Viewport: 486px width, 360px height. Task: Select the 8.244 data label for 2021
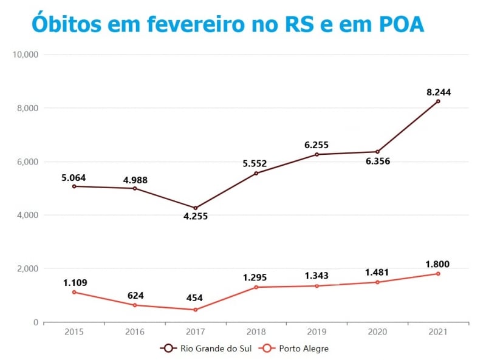pos(438,92)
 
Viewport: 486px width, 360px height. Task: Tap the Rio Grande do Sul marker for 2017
pos(196,208)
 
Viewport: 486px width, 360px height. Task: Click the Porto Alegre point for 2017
pos(196,310)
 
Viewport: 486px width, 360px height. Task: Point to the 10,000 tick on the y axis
pos(26,55)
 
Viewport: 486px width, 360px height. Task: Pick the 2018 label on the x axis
pos(256,332)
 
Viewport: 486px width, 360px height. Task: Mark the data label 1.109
pos(75,283)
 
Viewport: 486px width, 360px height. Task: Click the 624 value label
pos(134,296)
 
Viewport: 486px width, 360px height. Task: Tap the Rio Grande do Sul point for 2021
pos(438,101)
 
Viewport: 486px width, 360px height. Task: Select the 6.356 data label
pos(377,161)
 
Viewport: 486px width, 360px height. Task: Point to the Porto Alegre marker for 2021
pos(438,274)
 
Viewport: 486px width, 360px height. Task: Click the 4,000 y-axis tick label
pos(27,215)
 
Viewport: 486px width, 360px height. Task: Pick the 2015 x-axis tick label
pos(74,332)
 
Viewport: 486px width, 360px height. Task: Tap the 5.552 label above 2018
pos(255,163)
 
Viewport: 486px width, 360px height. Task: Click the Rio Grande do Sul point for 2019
pos(317,154)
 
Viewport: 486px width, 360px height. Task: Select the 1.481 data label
pos(377,273)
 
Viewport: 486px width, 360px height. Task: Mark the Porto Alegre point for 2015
pos(74,292)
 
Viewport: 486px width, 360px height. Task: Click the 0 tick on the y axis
pos(35,322)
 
